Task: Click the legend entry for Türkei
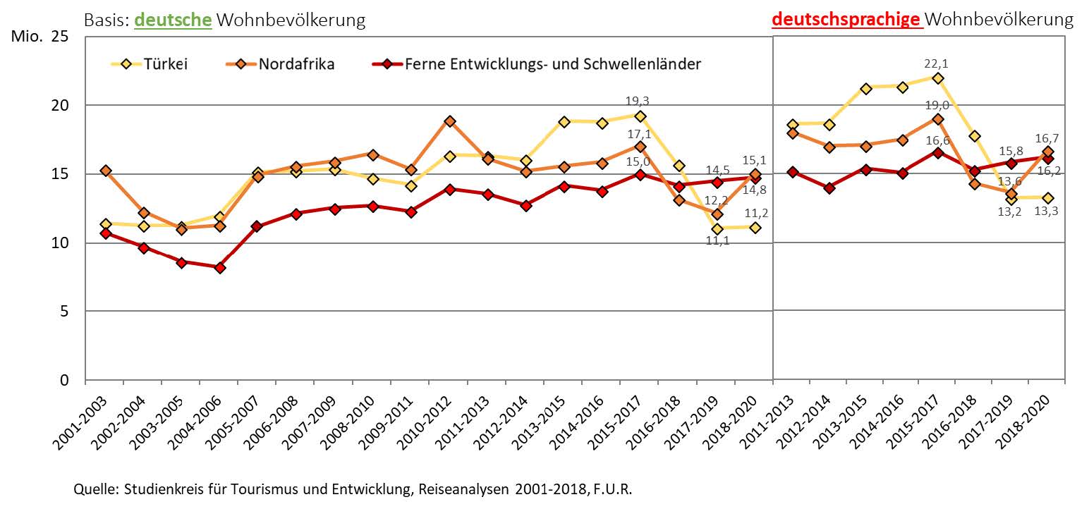point(166,64)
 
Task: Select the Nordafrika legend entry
point(296,64)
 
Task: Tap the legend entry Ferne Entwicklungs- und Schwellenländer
point(553,64)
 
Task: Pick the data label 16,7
point(1048,138)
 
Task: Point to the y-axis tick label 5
point(64,312)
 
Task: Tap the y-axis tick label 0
point(64,381)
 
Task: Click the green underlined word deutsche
point(173,20)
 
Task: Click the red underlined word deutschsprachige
point(846,20)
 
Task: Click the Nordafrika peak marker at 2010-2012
point(449,121)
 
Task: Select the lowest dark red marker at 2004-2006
point(220,268)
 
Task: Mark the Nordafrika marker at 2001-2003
point(106,171)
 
